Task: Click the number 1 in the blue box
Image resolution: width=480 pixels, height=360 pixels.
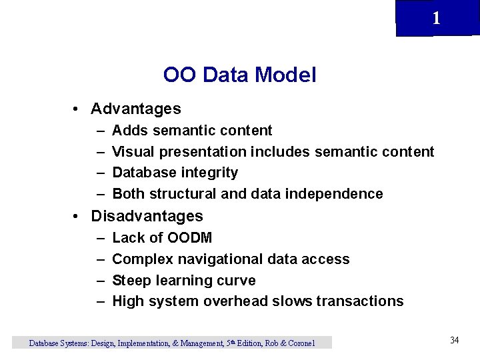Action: click(x=436, y=18)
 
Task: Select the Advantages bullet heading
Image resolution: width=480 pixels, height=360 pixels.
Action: click(x=136, y=108)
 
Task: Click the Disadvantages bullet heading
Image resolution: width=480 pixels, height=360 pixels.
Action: click(x=147, y=216)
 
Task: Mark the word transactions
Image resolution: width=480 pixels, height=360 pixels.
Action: click(x=360, y=301)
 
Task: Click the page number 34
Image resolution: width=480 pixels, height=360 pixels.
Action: click(x=454, y=341)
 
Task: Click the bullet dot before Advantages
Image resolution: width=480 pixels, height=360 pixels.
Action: click(x=78, y=109)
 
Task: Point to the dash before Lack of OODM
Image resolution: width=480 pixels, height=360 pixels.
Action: click(x=99, y=238)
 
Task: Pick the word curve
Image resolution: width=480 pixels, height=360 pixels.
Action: click(x=237, y=280)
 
